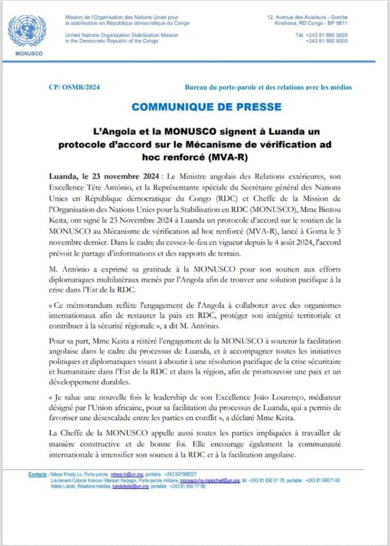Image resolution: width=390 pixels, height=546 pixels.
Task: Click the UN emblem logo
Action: (27, 31)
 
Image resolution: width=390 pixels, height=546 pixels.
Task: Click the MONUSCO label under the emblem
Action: (27, 54)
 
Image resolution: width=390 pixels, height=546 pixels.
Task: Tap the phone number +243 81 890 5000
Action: (326, 35)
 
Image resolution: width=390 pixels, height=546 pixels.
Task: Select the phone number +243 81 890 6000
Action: (326, 41)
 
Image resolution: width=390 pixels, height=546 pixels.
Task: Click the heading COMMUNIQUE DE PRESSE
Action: (206, 107)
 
